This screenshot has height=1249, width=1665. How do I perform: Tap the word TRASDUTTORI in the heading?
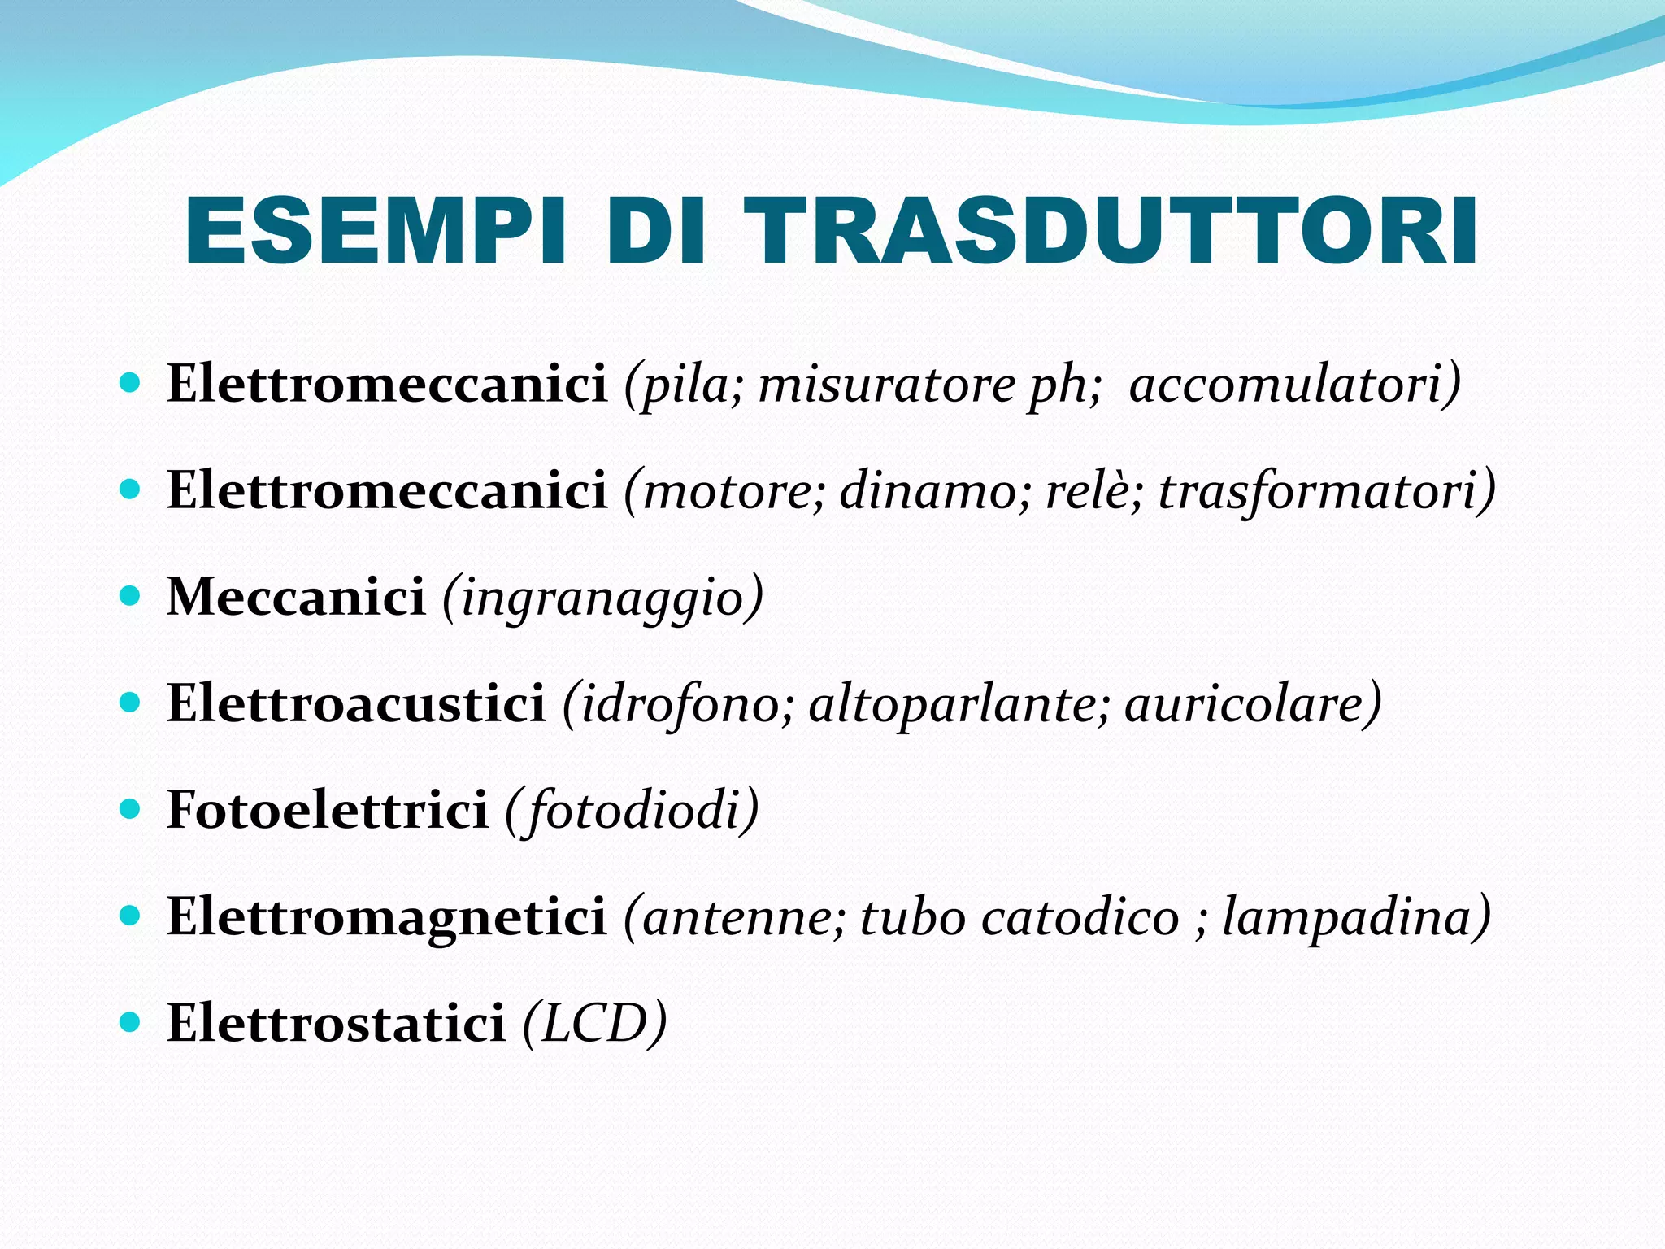(x=1111, y=232)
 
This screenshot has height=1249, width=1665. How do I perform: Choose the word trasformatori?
(x=1318, y=491)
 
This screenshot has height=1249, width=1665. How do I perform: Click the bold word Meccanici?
(x=296, y=597)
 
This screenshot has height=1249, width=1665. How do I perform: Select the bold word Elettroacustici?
(x=355, y=703)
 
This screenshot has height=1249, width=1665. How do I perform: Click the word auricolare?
(x=1244, y=703)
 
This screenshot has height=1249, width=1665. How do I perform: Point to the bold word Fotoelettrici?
(x=327, y=810)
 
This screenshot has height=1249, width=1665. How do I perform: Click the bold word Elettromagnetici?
(x=386, y=917)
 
